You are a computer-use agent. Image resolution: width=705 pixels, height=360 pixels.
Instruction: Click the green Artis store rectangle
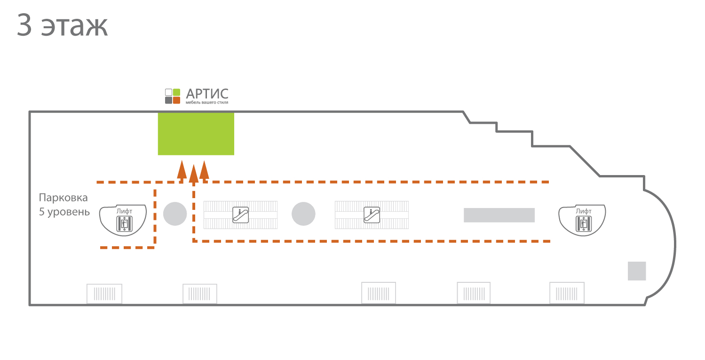point(196,134)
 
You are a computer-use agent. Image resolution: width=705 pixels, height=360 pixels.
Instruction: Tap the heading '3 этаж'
point(63,25)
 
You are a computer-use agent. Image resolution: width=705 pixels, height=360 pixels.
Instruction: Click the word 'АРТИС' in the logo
point(207,94)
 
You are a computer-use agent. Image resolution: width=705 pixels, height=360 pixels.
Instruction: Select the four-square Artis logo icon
point(173,96)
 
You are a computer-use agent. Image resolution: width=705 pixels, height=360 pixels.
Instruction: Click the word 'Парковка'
point(63,198)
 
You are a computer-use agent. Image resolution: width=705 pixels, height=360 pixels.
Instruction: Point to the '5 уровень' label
point(64,212)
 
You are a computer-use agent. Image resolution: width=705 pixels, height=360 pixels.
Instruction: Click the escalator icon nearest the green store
point(240,215)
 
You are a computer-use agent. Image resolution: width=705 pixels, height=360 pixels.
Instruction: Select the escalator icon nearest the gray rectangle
point(372,215)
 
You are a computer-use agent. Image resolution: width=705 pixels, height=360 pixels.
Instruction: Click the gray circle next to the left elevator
point(175,214)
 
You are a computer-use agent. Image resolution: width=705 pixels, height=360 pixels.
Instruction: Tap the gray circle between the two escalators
point(303,214)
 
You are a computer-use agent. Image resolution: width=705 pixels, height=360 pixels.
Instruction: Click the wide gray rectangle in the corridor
point(499,215)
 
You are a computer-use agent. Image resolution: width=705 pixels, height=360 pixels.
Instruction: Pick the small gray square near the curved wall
point(637,271)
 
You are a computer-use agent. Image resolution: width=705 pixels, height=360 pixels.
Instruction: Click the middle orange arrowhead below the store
point(194,174)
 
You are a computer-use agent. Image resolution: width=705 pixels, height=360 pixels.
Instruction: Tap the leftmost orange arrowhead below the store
point(182,170)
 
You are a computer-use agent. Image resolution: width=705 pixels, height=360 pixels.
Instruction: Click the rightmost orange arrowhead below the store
point(204,170)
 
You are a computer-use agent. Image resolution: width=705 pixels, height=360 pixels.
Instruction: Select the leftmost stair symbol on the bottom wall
point(104,294)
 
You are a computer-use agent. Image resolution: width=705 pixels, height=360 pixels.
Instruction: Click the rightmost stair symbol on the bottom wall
point(567,293)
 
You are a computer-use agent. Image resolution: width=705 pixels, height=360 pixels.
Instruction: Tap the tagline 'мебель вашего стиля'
point(207,103)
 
